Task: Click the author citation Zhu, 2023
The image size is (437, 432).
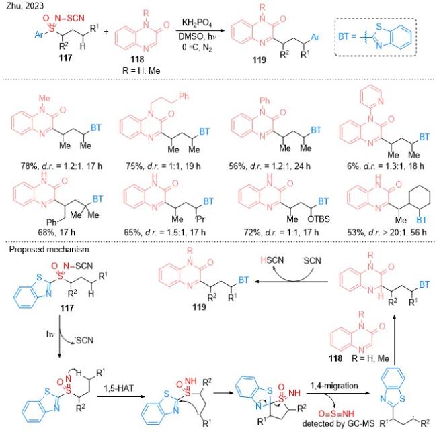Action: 25,6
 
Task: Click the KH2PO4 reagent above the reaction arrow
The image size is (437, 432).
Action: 197,23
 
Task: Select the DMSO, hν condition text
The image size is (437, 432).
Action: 197,36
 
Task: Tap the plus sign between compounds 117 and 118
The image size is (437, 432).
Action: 106,31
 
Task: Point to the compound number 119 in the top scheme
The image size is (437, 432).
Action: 260,60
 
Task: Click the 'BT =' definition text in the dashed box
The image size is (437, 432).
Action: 347,36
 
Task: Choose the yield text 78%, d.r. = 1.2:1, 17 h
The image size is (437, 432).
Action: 61,166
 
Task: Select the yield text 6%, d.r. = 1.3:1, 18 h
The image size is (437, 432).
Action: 385,166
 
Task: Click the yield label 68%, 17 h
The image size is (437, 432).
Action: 56,232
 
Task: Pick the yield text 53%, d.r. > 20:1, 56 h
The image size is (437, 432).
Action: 387,232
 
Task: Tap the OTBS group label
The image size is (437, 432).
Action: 319,219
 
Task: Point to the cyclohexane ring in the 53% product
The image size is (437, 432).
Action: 420,199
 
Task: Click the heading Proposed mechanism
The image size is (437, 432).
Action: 49,249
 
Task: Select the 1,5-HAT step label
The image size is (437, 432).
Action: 119,388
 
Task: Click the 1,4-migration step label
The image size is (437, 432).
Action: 334,386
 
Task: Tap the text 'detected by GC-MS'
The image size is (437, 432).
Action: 338,424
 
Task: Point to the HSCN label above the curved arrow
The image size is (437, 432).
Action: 272,260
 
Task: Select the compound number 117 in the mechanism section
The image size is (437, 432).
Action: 67,308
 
